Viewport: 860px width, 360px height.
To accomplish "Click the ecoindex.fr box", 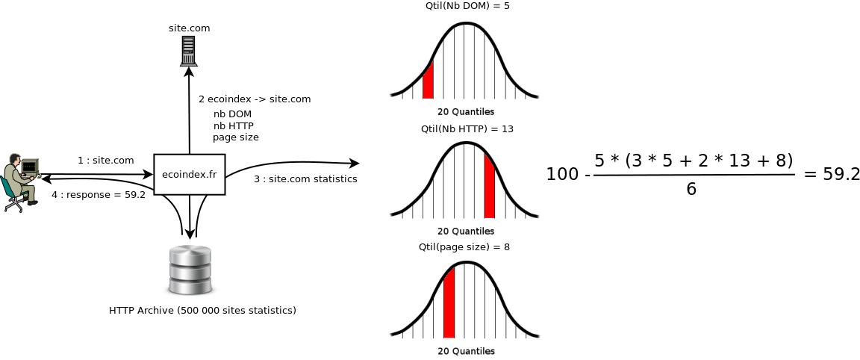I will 190,175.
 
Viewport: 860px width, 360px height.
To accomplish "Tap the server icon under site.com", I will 189,51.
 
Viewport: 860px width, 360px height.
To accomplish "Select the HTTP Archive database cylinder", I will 190,270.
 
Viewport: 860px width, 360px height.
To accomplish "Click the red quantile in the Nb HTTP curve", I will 490,187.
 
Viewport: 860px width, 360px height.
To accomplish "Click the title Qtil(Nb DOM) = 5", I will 467,5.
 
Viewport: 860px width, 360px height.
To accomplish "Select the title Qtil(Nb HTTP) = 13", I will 467,128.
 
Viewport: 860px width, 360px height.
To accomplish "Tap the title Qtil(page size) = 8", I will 466,246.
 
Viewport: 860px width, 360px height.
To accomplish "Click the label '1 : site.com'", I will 106,160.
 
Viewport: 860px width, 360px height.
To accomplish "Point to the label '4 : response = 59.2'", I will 98,195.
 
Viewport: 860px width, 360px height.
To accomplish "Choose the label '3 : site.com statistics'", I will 305,179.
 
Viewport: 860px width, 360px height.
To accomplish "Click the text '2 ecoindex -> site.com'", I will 255,99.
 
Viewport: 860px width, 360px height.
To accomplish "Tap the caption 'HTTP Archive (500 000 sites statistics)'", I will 202,310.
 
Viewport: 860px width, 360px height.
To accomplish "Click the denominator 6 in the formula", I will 691,189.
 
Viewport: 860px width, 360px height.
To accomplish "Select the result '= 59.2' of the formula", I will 832,174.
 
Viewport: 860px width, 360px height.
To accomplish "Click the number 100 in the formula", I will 562,175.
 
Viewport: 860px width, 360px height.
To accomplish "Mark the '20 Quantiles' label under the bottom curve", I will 466,351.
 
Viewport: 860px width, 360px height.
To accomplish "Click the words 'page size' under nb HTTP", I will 236,137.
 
